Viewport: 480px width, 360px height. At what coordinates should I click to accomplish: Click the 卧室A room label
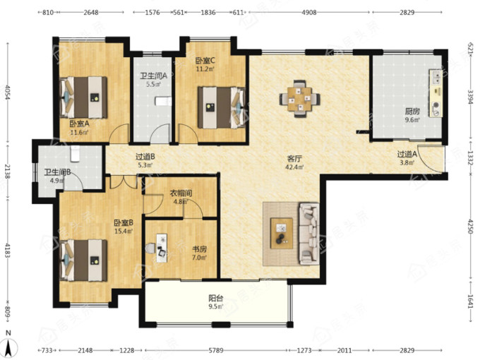79,124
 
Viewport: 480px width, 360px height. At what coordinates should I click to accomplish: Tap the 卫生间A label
154,76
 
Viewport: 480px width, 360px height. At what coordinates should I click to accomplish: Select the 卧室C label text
205,60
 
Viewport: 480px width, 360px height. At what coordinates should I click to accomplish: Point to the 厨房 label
412,111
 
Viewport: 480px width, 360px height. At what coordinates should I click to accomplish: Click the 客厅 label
294,159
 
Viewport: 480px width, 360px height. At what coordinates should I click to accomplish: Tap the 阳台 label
216,298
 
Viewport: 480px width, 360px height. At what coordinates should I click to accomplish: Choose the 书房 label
199,249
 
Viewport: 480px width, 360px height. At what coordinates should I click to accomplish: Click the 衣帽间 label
181,193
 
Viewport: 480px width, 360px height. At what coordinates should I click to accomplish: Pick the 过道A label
407,155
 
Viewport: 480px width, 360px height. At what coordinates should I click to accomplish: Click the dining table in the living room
300,99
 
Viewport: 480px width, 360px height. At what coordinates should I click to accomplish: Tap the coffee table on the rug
282,233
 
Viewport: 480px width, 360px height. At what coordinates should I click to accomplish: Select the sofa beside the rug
309,233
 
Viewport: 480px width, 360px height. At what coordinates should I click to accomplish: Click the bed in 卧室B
83,260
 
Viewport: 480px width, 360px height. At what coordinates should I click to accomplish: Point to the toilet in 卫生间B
75,153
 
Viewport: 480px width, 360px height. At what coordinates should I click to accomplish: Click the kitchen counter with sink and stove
436,93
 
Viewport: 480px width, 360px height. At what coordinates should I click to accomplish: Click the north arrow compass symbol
9,345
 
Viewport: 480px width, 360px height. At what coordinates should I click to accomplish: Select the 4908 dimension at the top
309,13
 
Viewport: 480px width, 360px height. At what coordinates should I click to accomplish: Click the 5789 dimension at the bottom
216,350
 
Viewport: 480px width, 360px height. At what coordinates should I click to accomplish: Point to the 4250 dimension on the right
471,226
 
